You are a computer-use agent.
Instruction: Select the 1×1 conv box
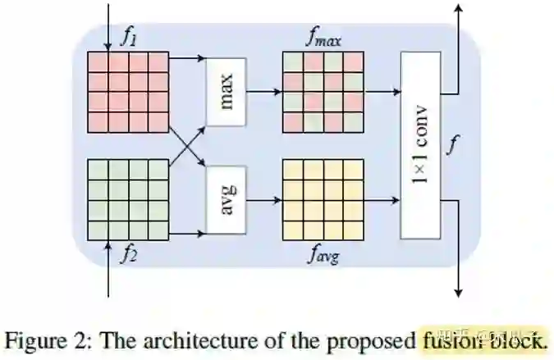click(420, 145)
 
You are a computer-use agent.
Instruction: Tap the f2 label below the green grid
click(129, 253)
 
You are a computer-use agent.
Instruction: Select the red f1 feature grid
click(128, 92)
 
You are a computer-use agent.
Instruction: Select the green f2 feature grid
click(128, 199)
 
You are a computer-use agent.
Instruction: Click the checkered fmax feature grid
click(323, 92)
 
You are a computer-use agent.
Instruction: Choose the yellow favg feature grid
click(323, 199)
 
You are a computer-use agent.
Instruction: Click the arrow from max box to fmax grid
click(263, 93)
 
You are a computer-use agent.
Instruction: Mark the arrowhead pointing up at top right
click(458, 8)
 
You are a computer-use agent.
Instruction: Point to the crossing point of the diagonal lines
click(186, 146)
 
